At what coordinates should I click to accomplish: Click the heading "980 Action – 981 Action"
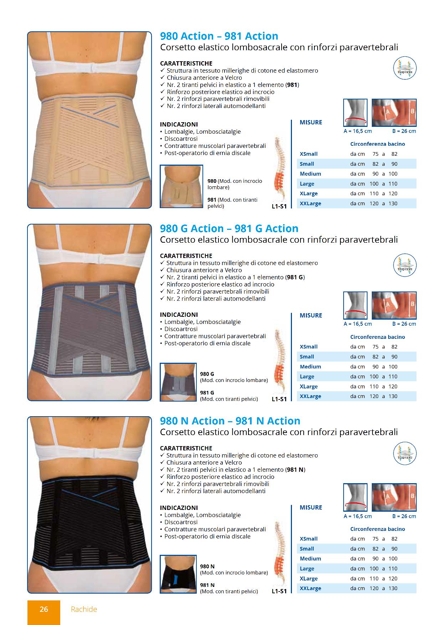click(219, 36)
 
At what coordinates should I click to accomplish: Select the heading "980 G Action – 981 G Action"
click(229, 228)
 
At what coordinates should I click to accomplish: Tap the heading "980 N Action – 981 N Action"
click(230, 421)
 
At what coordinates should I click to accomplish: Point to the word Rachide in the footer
click(84, 609)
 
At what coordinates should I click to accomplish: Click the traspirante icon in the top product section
click(405, 69)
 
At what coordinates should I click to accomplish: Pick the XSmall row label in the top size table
click(309, 154)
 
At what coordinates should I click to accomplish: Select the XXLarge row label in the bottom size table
click(310, 588)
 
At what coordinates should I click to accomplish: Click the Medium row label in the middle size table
click(310, 366)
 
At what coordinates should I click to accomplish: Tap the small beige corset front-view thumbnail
click(181, 186)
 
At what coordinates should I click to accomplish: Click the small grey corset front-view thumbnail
click(178, 382)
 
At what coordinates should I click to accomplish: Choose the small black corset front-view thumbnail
click(178, 574)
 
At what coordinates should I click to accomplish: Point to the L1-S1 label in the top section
click(279, 206)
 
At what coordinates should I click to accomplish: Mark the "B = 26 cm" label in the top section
click(404, 131)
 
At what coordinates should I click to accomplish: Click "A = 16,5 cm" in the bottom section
click(358, 516)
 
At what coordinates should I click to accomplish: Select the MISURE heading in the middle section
click(311, 315)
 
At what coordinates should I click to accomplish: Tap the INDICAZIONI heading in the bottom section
click(179, 508)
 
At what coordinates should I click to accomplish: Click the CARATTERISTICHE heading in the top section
click(186, 63)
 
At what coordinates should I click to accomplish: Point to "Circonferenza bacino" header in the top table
click(377, 144)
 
